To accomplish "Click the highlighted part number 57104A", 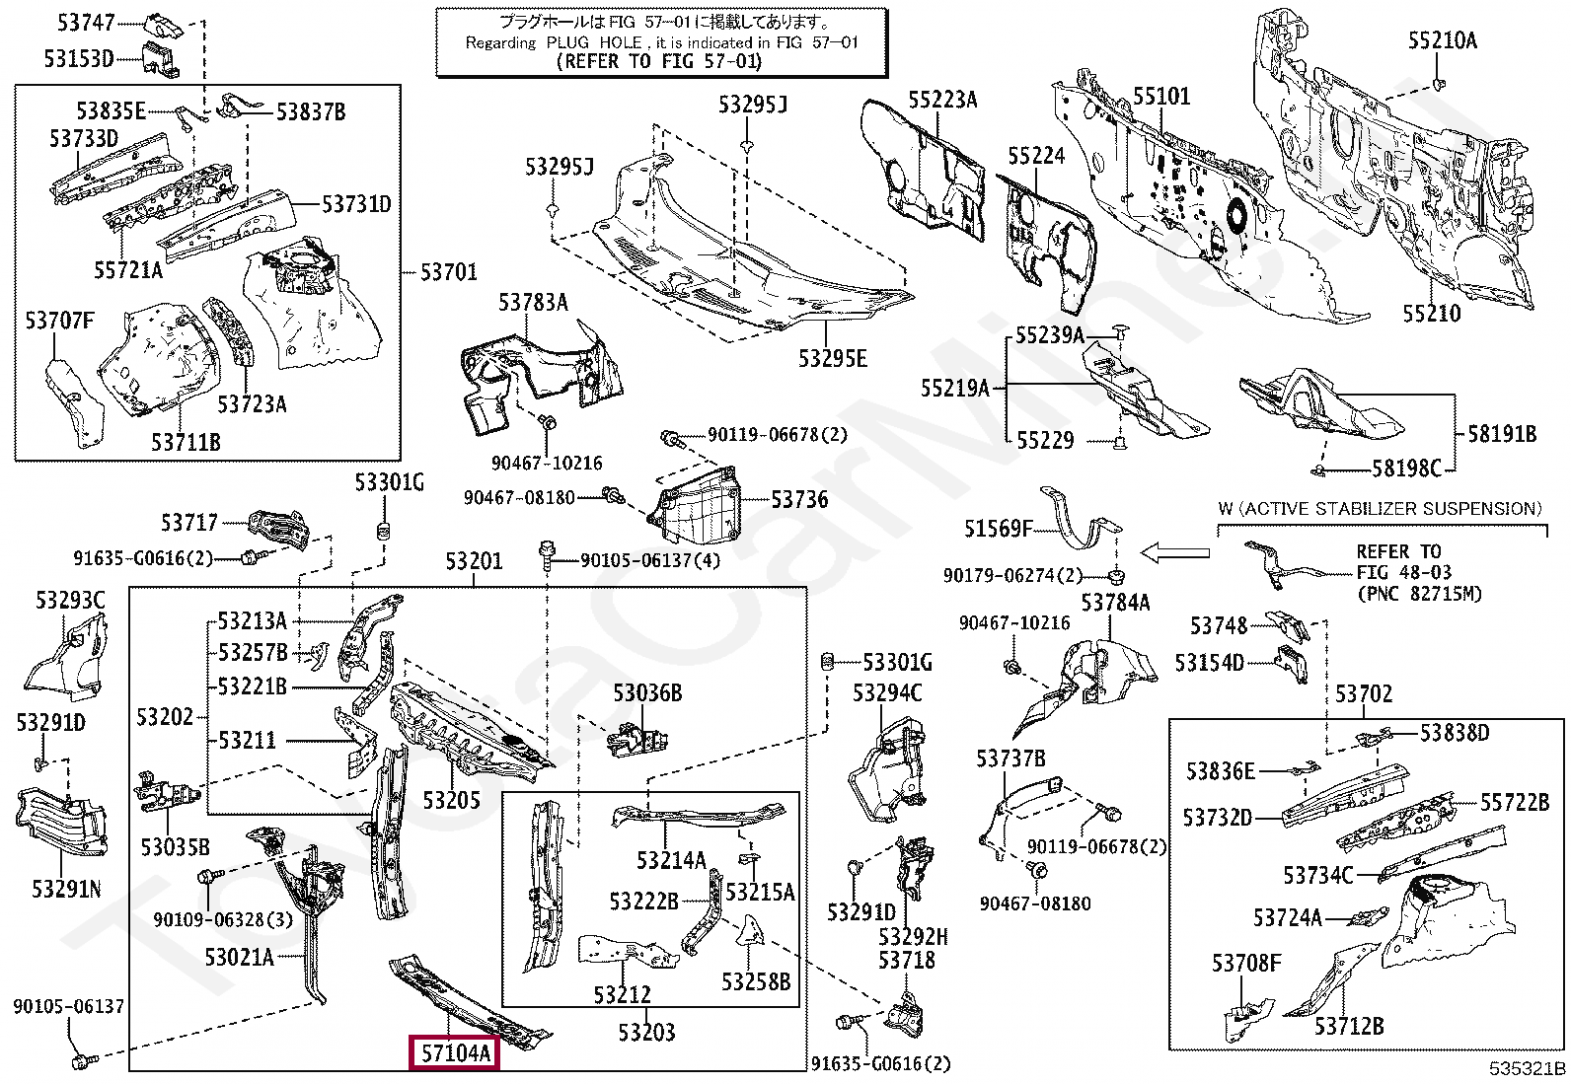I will pyautogui.click(x=455, y=1053).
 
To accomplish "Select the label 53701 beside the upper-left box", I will pyautogui.click(x=448, y=272).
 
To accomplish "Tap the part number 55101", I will pyautogui.click(x=1160, y=96).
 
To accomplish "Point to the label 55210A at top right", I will pyautogui.click(x=1442, y=40).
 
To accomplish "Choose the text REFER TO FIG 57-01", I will pyautogui.click(x=660, y=61).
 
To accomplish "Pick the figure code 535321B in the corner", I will pyautogui.click(x=1527, y=1069).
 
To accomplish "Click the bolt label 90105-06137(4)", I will pyautogui.click(x=649, y=560).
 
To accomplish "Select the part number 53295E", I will pyautogui.click(x=832, y=359).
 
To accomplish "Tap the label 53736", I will pyautogui.click(x=799, y=500).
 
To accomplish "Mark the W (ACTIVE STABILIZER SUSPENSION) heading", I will pyautogui.click(x=1380, y=509).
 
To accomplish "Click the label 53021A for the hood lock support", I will pyautogui.click(x=239, y=957).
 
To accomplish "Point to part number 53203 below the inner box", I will pyautogui.click(x=646, y=1032).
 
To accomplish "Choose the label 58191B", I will pyautogui.click(x=1501, y=433).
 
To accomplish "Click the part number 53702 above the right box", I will pyautogui.click(x=1363, y=693).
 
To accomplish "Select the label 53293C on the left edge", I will pyautogui.click(x=70, y=601).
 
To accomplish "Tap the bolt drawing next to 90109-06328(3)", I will pyautogui.click(x=208, y=876).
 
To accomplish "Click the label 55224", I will pyautogui.click(x=1036, y=157).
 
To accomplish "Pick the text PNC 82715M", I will pyautogui.click(x=1419, y=594).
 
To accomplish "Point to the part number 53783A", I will pyautogui.click(x=533, y=303).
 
